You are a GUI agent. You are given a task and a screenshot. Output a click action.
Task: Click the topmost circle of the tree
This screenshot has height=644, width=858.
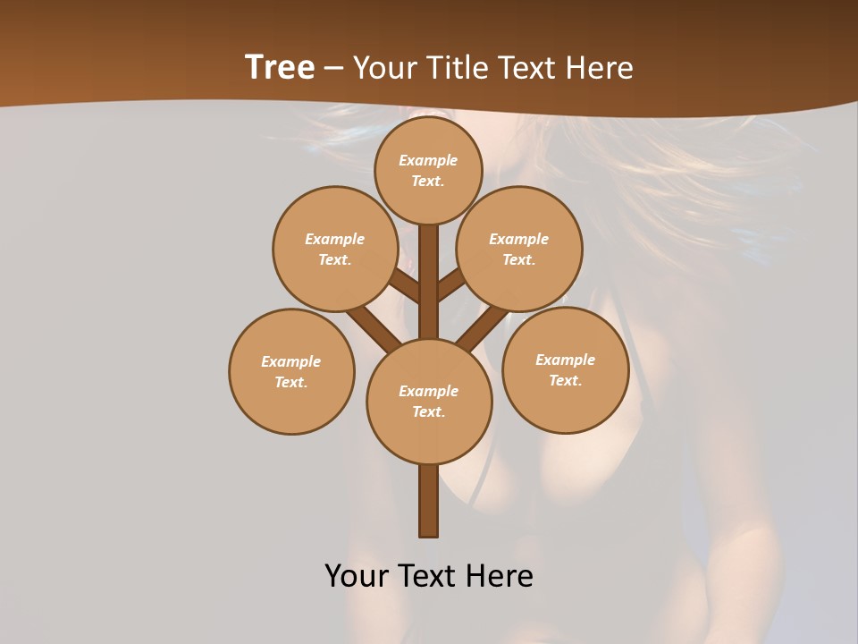[428, 170]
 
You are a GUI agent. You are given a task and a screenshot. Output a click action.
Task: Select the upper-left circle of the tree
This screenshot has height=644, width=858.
[335, 249]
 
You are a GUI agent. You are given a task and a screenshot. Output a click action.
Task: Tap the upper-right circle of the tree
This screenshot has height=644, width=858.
[519, 249]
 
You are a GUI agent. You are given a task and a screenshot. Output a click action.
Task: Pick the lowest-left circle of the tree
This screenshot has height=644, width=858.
[291, 371]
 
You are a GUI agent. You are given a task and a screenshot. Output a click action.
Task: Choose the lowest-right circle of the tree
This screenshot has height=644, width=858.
[565, 369]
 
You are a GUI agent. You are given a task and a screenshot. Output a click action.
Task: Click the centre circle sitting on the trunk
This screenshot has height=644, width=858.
[429, 401]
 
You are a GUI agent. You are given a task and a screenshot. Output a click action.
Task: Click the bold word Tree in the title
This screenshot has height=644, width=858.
[280, 67]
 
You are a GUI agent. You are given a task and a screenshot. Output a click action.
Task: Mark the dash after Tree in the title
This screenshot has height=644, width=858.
[334, 69]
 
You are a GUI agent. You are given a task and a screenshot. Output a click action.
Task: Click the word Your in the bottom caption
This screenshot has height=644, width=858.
[357, 575]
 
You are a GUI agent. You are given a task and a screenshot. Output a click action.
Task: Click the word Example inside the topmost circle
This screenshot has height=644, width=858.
[428, 160]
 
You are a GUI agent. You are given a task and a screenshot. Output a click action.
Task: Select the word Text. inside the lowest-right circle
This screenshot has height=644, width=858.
[565, 380]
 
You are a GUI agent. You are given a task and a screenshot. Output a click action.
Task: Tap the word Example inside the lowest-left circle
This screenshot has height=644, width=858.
[291, 361]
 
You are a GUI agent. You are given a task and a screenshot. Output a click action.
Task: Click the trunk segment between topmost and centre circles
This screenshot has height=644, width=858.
[429, 282]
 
